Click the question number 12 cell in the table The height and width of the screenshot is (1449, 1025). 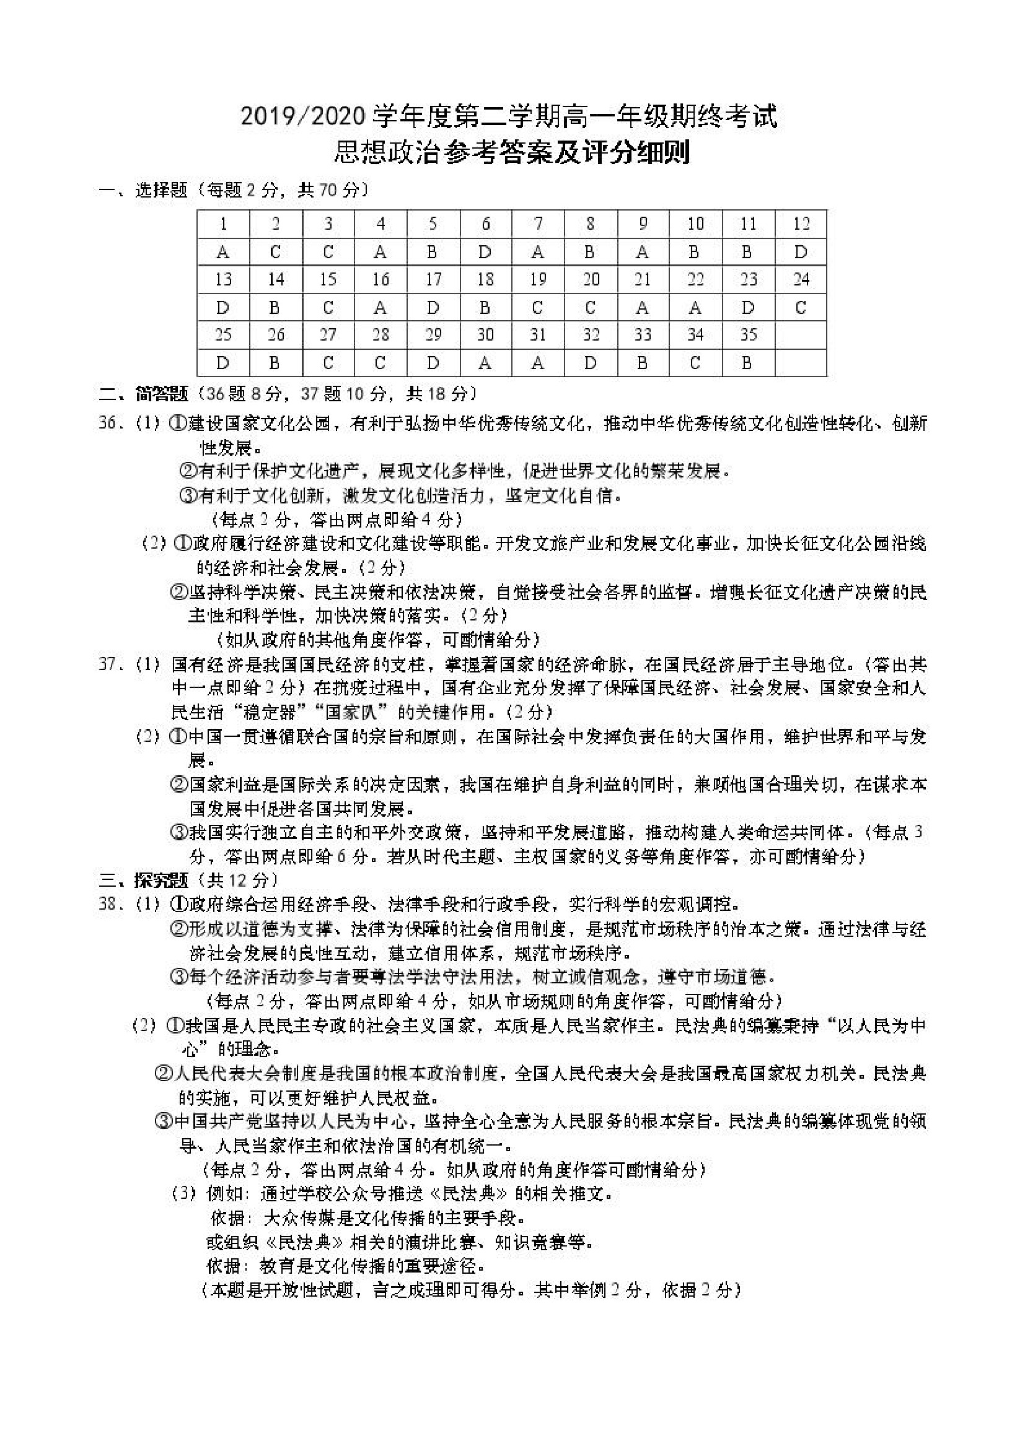tap(801, 224)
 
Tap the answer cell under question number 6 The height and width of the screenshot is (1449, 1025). tap(485, 253)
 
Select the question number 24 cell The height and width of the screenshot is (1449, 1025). tap(801, 279)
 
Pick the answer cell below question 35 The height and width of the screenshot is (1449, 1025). tap(748, 363)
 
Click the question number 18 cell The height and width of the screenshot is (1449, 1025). tap(485, 279)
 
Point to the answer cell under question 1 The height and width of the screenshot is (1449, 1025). tap(223, 253)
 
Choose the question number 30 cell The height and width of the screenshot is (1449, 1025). tap(485, 335)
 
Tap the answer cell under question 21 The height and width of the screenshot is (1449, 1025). tap(642, 308)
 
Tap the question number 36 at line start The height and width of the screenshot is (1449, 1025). tap(110, 423)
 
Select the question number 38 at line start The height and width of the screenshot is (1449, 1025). tap(110, 904)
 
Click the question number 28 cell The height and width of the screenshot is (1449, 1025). tap(380, 335)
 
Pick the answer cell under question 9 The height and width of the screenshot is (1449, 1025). tap(642, 253)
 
